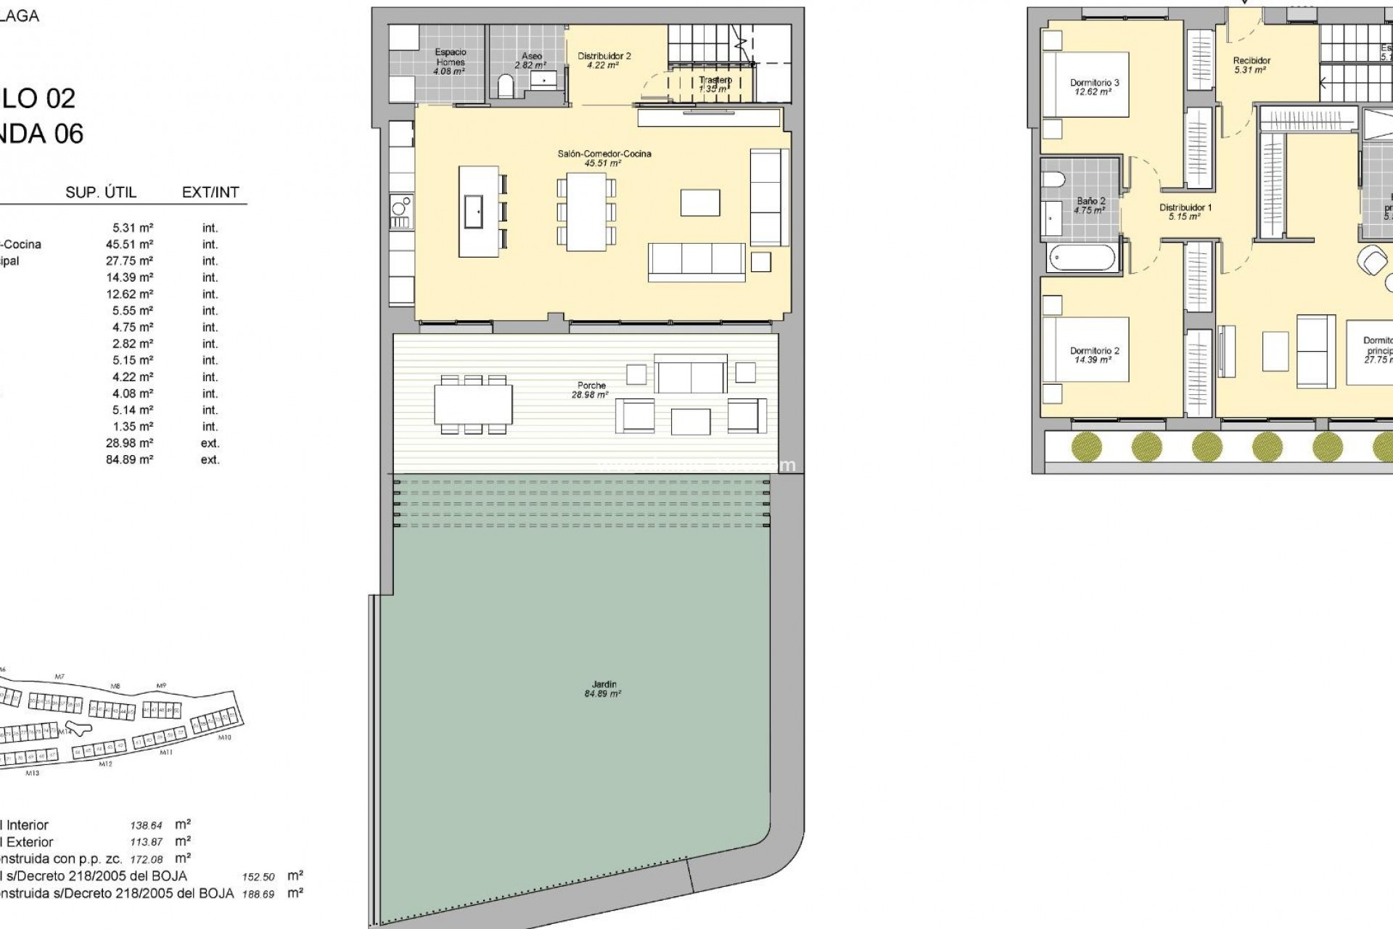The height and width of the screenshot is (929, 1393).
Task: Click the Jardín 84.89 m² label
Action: tap(604, 689)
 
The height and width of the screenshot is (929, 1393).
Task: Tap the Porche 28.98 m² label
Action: tap(592, 390)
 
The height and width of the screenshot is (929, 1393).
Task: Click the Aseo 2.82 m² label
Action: tap(531, 60)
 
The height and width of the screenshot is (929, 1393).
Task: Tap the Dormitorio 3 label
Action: tap(1094, 87)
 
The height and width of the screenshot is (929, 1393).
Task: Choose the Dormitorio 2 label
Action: tap(1094, 355)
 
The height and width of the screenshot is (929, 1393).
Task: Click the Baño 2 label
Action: tap(1090, 205)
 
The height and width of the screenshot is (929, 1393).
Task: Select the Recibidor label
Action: tap(1252, 65)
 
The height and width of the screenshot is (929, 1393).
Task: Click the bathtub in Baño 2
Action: tap(1081, 258)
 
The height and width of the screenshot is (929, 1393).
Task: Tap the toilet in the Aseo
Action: tap(506, 87)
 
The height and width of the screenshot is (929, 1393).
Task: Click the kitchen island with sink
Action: tap(478, 211)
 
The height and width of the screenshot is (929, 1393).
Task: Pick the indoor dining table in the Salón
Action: tap(586, 212)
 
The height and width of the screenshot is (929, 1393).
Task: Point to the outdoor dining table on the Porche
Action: tap(473, 404)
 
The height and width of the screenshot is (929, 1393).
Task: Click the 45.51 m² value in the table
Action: tap(129, 245)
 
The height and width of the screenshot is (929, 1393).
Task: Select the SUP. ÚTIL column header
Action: tap(101, 192)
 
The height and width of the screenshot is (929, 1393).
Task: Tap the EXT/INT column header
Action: tap(210, 192)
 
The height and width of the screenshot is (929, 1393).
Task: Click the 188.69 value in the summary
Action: tap(258, 894)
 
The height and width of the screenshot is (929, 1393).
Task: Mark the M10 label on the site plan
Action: tap(224, 737)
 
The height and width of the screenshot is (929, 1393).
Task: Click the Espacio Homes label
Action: tap(450, 62)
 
